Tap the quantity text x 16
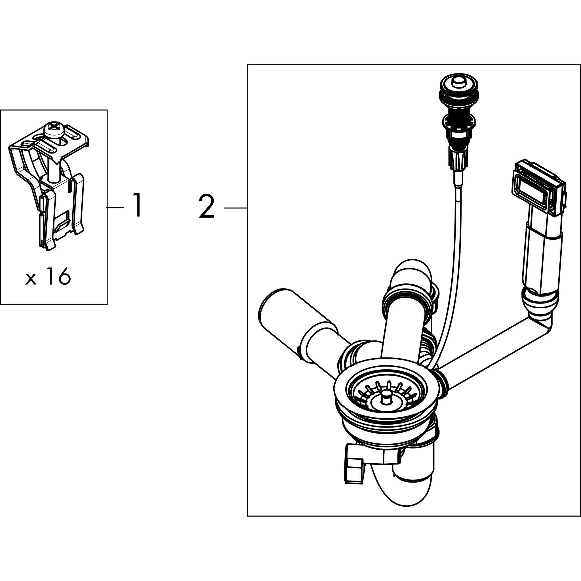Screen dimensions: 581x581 click(x=49, y=277)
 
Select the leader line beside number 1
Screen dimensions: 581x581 click(x=115, y=207)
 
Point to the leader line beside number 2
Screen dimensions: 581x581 click(x=235, y=208)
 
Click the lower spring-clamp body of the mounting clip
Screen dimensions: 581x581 click(x=60, y=216)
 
